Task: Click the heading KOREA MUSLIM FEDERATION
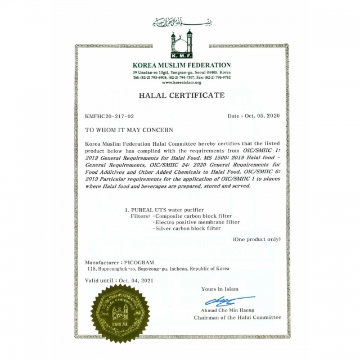coord(182,66)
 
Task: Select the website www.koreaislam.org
coord(181,83)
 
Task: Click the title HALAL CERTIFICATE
coord(181,96)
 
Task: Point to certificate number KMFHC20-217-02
coord(109,116)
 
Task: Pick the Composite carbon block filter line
coord(191,215)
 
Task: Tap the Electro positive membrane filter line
coord(195,222)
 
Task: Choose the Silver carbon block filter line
coord(188,229)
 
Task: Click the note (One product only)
coord(256,239)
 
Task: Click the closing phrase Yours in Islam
coord(219,289)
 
